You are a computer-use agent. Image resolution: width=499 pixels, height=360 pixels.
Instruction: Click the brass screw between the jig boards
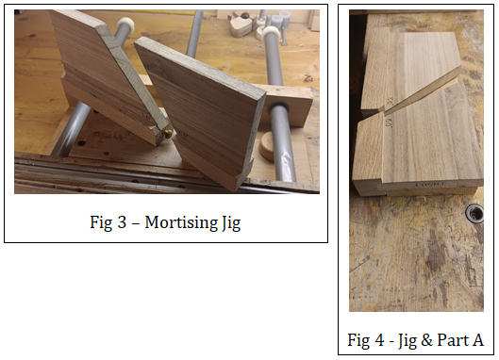(168, 134)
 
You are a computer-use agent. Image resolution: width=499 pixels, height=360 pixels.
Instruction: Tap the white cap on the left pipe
(126, 24)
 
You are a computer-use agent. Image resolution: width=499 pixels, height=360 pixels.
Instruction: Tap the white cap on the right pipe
(270, 32)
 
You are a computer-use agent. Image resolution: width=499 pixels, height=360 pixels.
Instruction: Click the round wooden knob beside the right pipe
(267, 146)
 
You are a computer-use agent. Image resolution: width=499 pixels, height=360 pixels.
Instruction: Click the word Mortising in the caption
(181, 222)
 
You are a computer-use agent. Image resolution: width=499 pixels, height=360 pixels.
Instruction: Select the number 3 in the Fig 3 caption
(123, 222)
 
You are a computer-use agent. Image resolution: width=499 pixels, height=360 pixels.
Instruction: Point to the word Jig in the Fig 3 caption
(231, 223)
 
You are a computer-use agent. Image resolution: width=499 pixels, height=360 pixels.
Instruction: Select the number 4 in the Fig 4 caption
(379, 340)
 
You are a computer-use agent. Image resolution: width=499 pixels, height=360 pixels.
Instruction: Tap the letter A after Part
(477, 340)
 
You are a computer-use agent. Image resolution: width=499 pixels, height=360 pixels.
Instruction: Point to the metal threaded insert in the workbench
(474, 213)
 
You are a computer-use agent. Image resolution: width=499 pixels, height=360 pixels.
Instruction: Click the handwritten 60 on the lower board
(389, 123)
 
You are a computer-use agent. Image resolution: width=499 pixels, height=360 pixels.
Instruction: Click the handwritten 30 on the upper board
(391, 102)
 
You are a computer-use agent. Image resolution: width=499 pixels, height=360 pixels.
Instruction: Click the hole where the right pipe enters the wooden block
(276, 107)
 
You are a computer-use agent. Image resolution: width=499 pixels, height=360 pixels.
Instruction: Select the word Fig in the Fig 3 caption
(101, 222)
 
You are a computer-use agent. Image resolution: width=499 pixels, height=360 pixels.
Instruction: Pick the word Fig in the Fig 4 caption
(358, 340)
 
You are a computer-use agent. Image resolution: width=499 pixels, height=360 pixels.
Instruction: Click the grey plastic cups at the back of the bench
(280, 19)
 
